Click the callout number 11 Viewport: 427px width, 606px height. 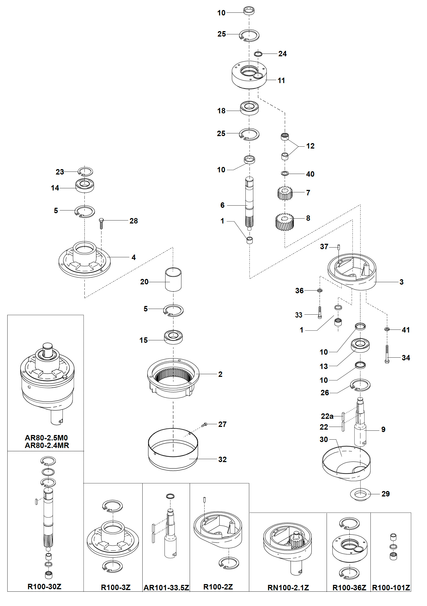click(x=281, y=81)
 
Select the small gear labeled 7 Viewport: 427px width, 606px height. click(x=285, y=193)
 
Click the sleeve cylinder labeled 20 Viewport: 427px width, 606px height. click(x=173, y=279)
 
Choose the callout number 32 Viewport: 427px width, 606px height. click(x=222, y=459)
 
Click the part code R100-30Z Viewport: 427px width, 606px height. click(x=44, y=587)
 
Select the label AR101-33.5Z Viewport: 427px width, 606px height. click(x=166, y=588)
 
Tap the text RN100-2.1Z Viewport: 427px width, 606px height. click(x=288, y=588)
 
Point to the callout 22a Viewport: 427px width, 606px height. click(x=327, y=416)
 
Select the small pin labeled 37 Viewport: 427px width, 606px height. click(x=339, y=247)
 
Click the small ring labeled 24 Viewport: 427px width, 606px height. click(x=258, y=54)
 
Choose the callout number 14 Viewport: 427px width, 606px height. click(x=55, y=188)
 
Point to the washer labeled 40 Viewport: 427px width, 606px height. click(x=285, y=173)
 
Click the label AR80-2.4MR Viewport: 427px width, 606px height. click(x=47, y=445)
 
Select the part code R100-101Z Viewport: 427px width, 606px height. click(x=391, y=588)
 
